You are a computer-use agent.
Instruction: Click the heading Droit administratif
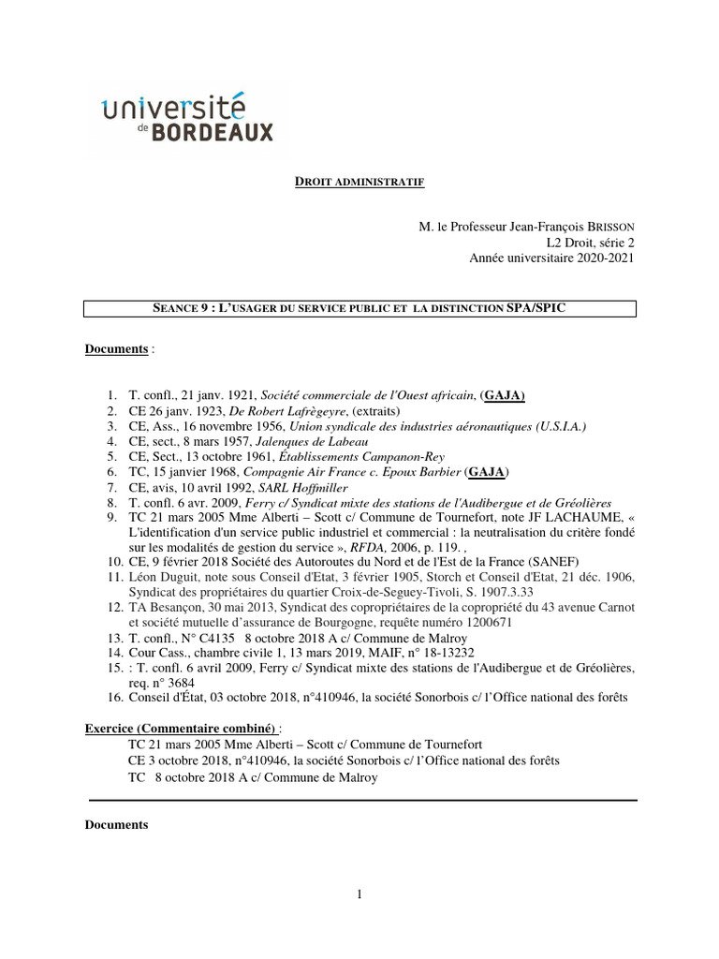(359, 181)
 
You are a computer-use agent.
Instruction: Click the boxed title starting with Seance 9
(359, 309)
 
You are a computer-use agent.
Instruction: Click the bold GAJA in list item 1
(504, 396)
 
